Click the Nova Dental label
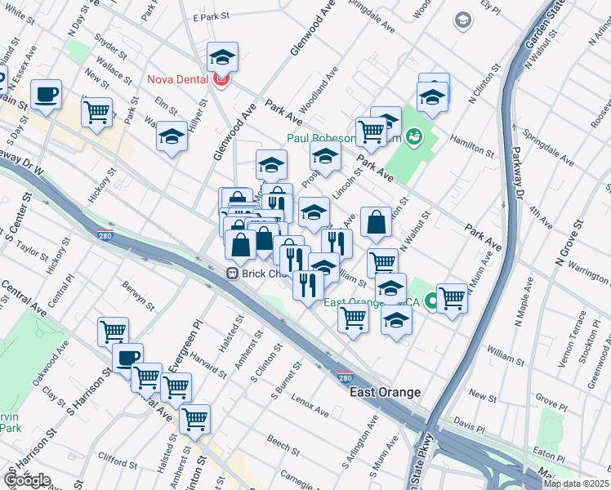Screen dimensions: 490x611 (178, 79)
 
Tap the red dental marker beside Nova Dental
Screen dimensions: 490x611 (220, 79)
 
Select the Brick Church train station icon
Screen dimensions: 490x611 (233, 274)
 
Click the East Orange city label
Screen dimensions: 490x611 (385, 393)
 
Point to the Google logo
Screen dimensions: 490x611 (27, 480)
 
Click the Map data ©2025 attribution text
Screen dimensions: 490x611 (576, 483)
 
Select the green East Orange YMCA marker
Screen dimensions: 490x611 (431, 302)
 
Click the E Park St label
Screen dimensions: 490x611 (208, 16)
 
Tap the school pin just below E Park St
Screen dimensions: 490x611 (222, 58)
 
